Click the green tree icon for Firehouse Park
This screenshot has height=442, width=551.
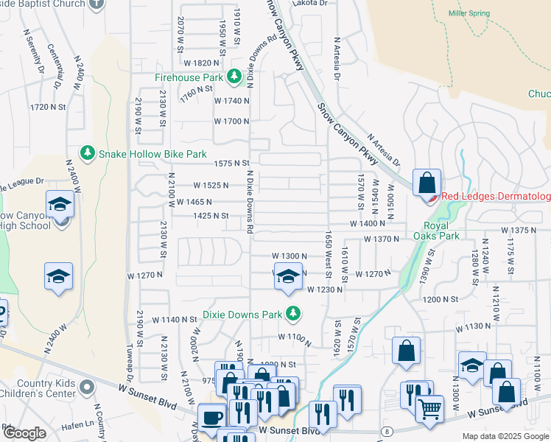point(234,77)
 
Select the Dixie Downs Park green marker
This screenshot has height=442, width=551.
point(293,315)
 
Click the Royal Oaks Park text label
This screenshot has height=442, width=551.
point(441,231)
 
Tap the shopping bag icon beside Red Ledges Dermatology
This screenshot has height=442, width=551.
point(427,181)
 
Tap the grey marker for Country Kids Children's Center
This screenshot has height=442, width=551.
point(87,387)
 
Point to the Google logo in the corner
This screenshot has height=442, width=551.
point(24,433)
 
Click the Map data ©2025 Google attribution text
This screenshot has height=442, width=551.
point(505,436)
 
